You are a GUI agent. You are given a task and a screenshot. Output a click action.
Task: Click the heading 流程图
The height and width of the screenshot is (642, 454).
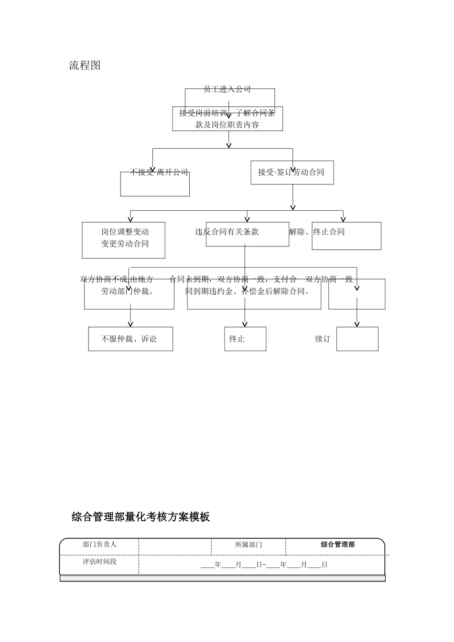point(85,66)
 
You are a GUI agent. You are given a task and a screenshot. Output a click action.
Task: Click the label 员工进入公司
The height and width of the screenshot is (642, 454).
point(227,89)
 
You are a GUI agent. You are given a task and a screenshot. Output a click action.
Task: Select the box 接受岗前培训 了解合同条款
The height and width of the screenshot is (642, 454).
point(227,119)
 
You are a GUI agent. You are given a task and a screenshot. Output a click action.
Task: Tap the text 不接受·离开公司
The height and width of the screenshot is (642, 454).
point(159,172)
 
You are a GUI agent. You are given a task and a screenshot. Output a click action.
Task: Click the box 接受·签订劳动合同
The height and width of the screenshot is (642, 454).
point(292,172)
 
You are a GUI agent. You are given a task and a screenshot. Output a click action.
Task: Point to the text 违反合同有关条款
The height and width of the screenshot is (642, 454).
point(227,232)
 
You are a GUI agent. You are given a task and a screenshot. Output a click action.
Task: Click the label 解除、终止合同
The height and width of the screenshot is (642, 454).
point(317,232)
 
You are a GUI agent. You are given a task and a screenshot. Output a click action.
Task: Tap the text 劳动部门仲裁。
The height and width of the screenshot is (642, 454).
point(128,291)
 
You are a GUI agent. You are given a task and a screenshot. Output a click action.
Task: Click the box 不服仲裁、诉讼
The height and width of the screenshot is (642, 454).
point(130,339)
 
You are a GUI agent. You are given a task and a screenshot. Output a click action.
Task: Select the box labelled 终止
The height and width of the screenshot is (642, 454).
point(245,339)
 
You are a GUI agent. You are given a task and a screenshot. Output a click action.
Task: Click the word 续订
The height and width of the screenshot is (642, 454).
point(323,339)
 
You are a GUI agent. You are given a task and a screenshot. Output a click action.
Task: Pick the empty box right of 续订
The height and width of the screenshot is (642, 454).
point(357,339)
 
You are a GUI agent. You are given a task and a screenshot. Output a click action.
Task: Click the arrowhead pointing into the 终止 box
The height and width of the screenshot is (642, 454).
point(245,324)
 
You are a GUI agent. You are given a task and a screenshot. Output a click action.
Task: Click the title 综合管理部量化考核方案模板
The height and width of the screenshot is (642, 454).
point(141,517)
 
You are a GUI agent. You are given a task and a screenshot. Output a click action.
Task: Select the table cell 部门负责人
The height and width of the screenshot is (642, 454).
point(99,545)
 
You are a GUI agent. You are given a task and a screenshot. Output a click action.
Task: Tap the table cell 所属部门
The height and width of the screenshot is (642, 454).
point(249,545)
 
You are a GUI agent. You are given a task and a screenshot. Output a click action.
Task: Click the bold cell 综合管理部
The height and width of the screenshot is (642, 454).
point(337,545)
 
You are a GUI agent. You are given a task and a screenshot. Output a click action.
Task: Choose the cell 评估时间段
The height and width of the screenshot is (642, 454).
point(99,562)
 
